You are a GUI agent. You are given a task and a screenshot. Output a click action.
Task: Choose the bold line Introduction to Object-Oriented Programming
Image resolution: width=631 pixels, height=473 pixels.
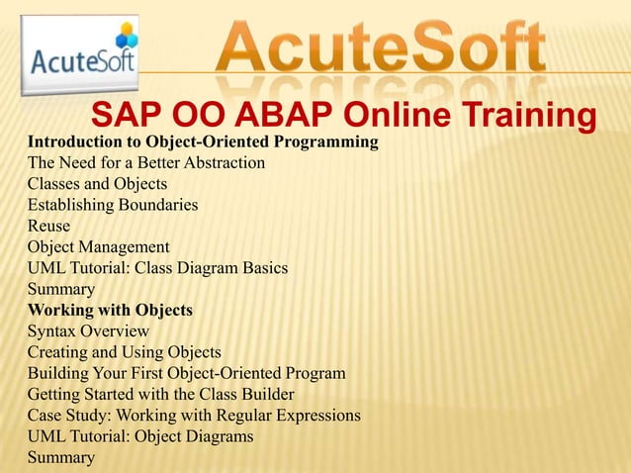pyautogui.click(x=203, y=142)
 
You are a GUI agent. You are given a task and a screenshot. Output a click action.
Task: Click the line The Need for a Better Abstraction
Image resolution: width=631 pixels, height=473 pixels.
pyautogui.click(x=145, y=163)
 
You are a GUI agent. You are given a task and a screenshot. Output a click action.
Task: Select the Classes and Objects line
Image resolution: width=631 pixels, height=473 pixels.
pyautogui.click(x=97, y=184)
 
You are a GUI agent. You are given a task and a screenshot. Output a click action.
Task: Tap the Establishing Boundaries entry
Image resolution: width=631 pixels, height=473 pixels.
pyautogui.click(x=113, y=205)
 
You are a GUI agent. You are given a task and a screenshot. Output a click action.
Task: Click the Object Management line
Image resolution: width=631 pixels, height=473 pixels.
pyautogui.click(x=99, y=247)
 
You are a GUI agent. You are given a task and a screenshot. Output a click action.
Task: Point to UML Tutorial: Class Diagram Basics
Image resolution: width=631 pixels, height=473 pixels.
pyautogui.click(x=157, y=268)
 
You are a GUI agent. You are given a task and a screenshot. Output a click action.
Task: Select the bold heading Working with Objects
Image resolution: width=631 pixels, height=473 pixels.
pyautogui.click(x=110, y=311)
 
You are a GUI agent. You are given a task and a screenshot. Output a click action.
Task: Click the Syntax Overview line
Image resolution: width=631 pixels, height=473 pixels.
pyautogui.click(x=88, y=331)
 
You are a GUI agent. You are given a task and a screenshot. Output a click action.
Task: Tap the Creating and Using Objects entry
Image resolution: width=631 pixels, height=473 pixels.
pyautogui.click(x=124, y=352)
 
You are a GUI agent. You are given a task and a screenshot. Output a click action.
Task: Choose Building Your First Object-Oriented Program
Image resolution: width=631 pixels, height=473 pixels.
pyautogui.click(x=186, y=373)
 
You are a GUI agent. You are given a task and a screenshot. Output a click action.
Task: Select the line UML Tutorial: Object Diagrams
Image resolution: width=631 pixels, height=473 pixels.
pyautogui.click(x=140, y=435)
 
